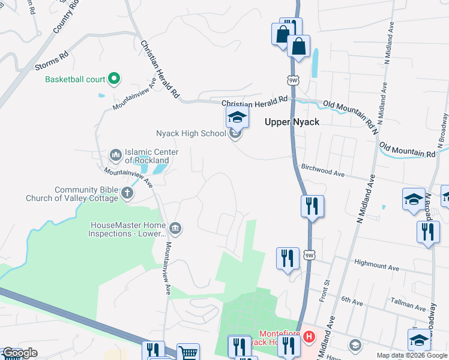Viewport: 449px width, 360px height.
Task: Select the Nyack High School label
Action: [x=190, y=133]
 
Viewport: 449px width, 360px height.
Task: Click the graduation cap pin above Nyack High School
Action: [x=237, y=117]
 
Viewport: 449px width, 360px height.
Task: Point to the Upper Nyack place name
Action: [x=291, y=122]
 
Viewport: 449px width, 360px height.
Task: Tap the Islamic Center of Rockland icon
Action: [x=115, y=156]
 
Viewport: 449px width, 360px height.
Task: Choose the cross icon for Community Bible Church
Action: [x=127, y=193]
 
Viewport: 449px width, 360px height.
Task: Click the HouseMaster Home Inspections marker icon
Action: [x=175, y=228]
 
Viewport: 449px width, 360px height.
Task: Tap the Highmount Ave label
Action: [x=377, y=265]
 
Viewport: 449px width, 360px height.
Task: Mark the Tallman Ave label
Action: [x=392, y=305]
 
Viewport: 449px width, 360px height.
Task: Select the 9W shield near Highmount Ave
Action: [x=309, y=255]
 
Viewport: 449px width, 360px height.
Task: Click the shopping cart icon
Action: [x=188, y=353]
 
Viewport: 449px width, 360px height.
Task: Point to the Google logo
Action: [x=20, y=353]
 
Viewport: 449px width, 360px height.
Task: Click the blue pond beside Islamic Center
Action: [x=160, y=169]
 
